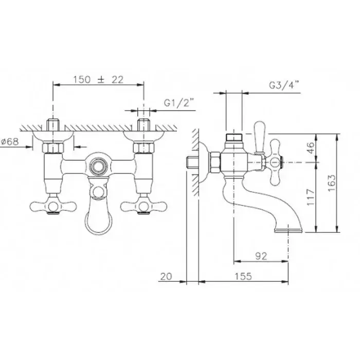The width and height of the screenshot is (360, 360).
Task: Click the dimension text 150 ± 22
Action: tap(98, 79)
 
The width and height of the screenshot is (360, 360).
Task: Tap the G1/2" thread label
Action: tap(179, 103)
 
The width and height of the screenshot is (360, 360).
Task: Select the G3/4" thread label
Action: tap(284, 85)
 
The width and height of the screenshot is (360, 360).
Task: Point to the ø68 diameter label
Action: tap(10, 141)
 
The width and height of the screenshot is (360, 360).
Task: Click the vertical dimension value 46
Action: tap(310, 148)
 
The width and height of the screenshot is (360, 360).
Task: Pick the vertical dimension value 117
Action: tap(310, 197)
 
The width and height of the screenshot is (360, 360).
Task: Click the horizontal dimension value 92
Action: tap(261, 256)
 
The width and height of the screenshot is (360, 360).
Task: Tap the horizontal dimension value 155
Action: tap(243, 276)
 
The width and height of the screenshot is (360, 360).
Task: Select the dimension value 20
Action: tap(166, 277)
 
